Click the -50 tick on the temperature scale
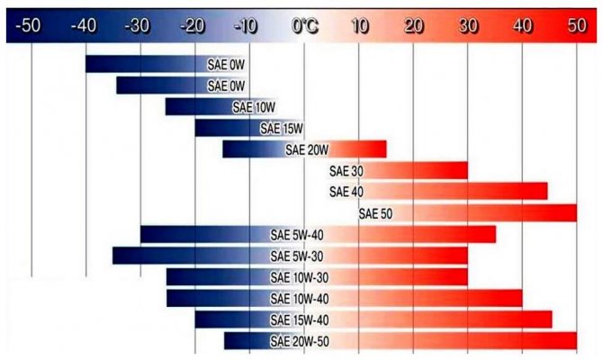31,26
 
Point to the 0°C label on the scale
305,26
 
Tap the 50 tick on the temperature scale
577,26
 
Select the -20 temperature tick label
193,26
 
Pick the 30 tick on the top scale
468,26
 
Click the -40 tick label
85,26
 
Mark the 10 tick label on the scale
359,26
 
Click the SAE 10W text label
253,107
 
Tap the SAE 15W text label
282,129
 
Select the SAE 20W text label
307,149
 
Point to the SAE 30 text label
346,171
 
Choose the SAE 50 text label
374,213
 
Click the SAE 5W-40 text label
297,235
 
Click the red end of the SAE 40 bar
540,192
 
